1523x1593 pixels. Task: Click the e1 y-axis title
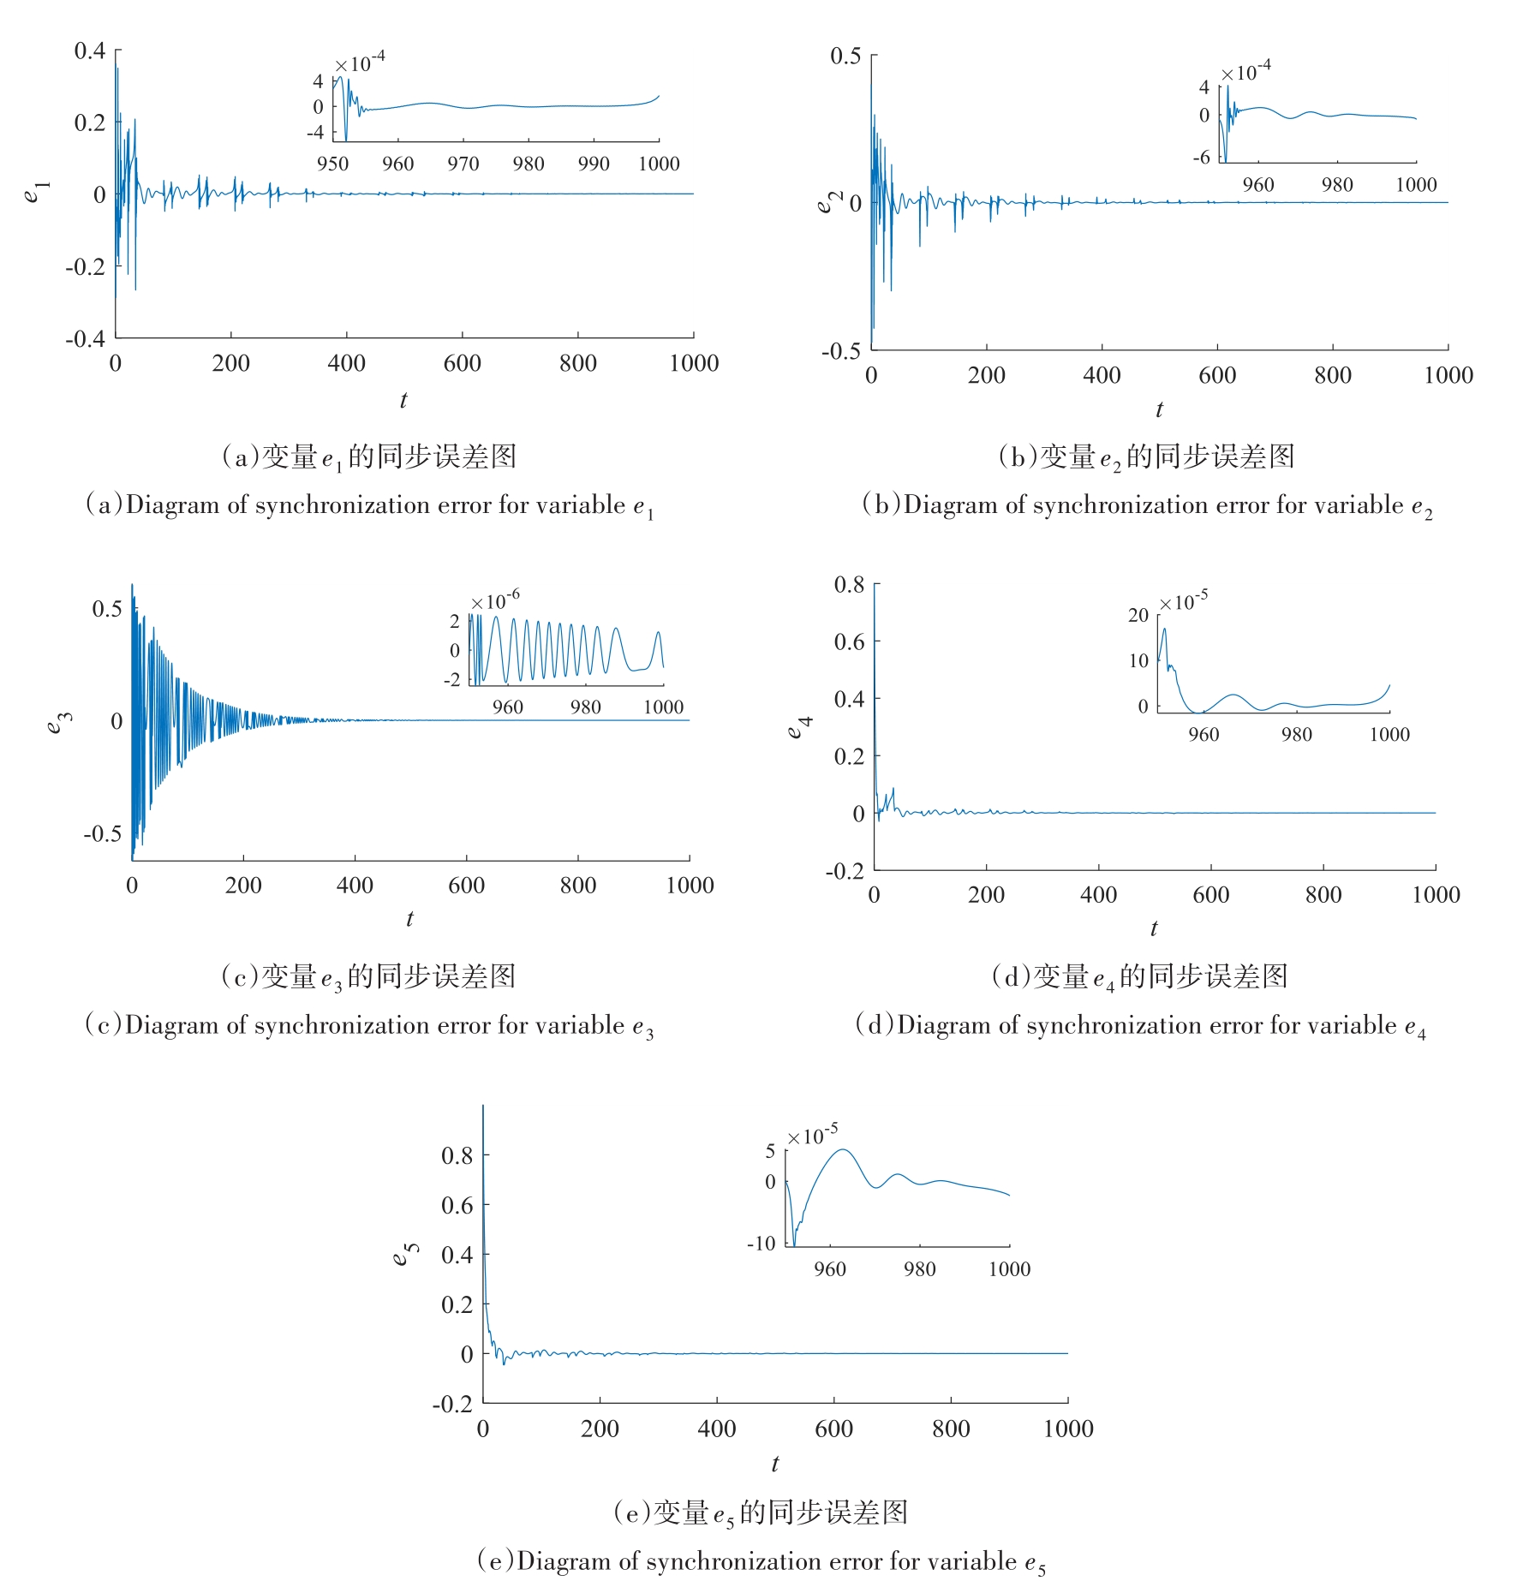pos(37,192)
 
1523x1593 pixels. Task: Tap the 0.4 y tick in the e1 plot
pos(90,51)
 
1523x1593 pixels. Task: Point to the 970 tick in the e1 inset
pos(463,164)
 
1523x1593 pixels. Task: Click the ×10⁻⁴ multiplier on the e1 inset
pos(360,63)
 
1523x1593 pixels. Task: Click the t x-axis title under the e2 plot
pos(1159,409)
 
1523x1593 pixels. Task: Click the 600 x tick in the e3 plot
pos(466,886)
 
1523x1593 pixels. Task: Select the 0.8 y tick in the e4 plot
pos(849,585)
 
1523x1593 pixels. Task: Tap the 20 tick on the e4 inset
pos(1138,615)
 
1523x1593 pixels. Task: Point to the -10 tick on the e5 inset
pos(761,1243)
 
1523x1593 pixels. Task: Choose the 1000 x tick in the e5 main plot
pos(1068,1429)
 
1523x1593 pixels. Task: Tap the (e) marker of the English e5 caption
pos(495,1561)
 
